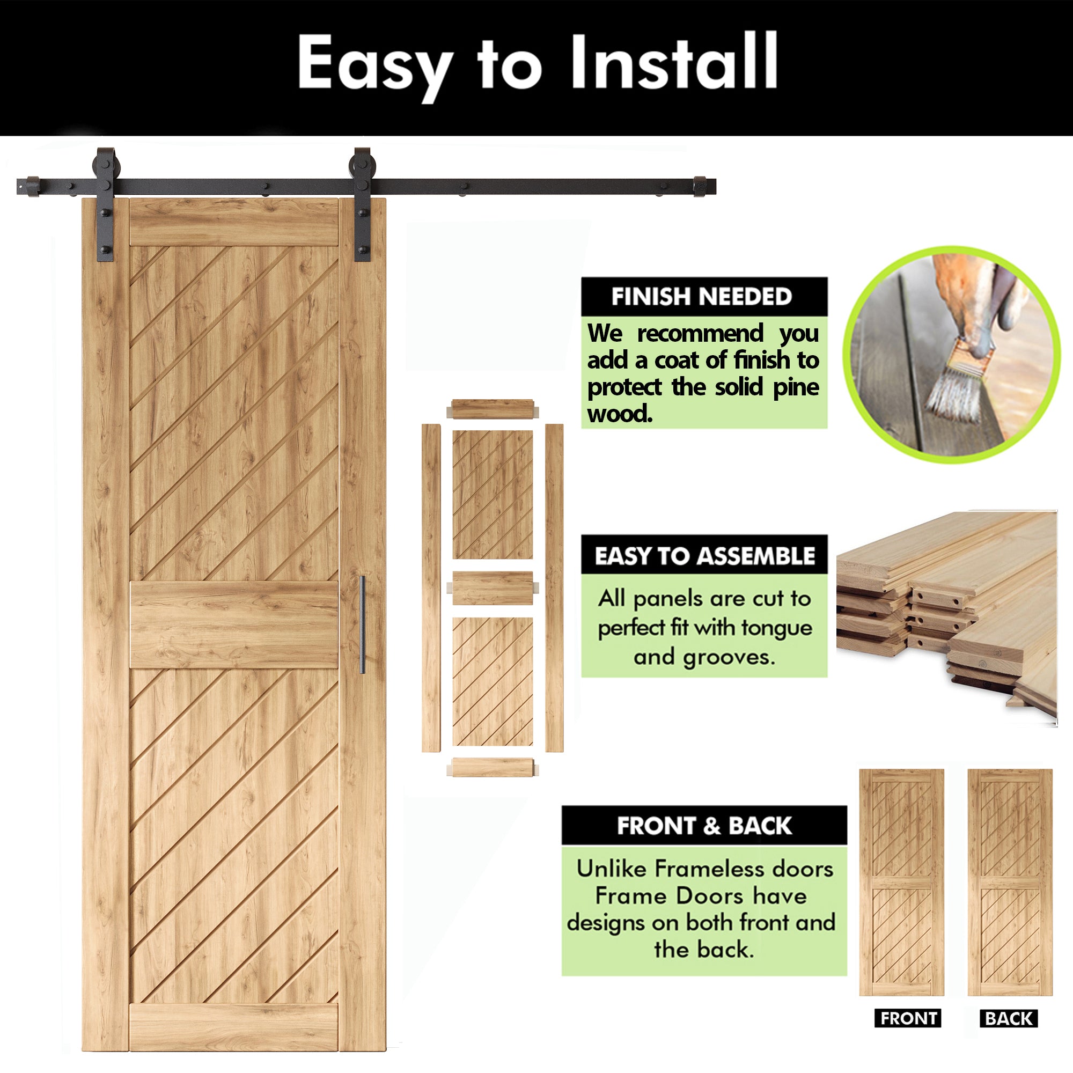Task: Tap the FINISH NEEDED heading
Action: (x=701, y=297)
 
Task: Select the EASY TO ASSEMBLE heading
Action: (x=704, y=555)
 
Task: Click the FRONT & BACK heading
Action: (x=704, y=826)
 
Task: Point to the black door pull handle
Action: (x=362, y=625)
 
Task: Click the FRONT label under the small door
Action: (x=909, y=1018)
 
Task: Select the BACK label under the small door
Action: (x=1009, y=1018)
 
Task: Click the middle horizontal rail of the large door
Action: (x=234, y=624)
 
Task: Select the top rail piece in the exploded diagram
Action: (x=493, y=409)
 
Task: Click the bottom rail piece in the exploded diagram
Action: (x=493, y=767)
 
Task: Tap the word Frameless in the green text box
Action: (x=706, y=869)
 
